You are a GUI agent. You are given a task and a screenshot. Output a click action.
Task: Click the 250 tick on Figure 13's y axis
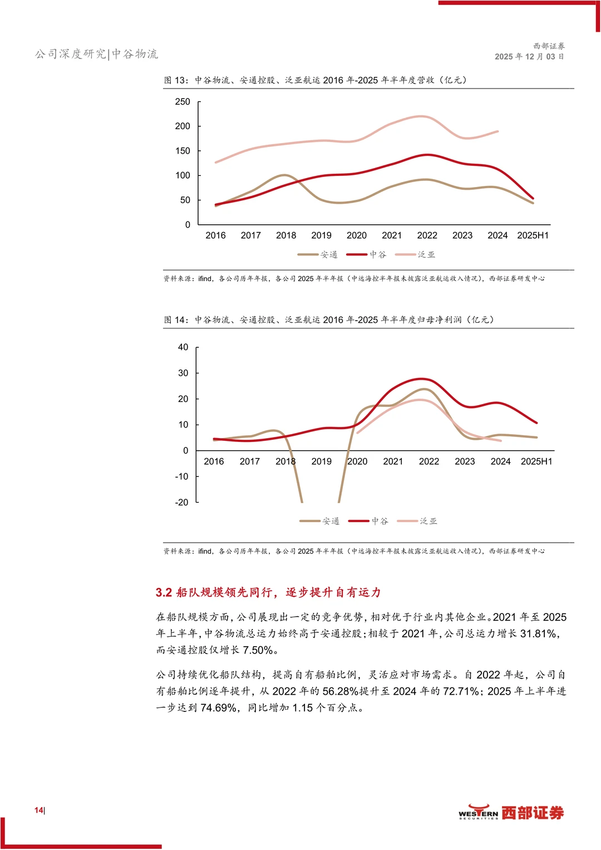pos(183,102)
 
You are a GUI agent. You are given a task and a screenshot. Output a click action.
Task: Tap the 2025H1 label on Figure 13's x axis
pos(533,235)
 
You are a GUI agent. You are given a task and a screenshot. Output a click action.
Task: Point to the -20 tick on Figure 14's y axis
pos(181,503)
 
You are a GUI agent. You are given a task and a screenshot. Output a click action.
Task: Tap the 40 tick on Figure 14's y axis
pos(183,347)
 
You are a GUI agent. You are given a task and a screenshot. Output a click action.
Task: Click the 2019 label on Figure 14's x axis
pos(322,461)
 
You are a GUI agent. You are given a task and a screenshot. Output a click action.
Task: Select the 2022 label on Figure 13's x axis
pos(427,235)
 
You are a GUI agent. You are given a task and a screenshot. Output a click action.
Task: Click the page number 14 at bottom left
pos(39,810)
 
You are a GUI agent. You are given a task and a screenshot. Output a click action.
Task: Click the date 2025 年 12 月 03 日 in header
pos(530,57)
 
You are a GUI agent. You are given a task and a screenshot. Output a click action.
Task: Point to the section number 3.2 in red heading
pos(164,592)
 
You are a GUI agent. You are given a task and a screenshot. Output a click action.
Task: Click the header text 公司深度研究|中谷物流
pos(96,54)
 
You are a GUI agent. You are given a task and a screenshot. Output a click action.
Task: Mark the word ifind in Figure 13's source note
pos(205,278)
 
